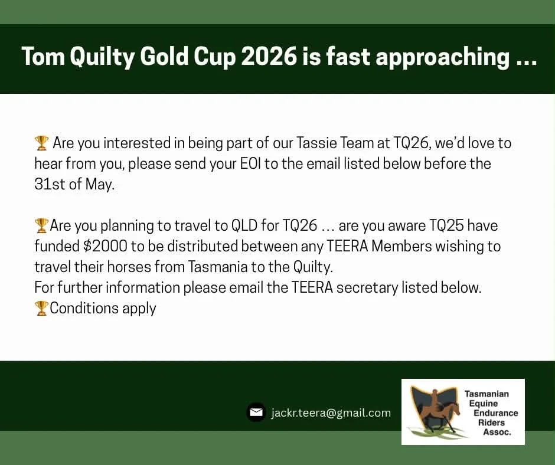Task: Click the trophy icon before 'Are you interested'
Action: coord(41,143)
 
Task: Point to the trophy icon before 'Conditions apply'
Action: coord(41,308)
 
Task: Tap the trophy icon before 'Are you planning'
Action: coord(41,225)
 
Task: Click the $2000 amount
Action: coord(105,246)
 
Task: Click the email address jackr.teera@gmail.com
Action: coord(331,412)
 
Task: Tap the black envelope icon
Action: coord(256,412)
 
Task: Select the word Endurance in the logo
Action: coord(495,413)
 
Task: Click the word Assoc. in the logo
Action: coord(497,432)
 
